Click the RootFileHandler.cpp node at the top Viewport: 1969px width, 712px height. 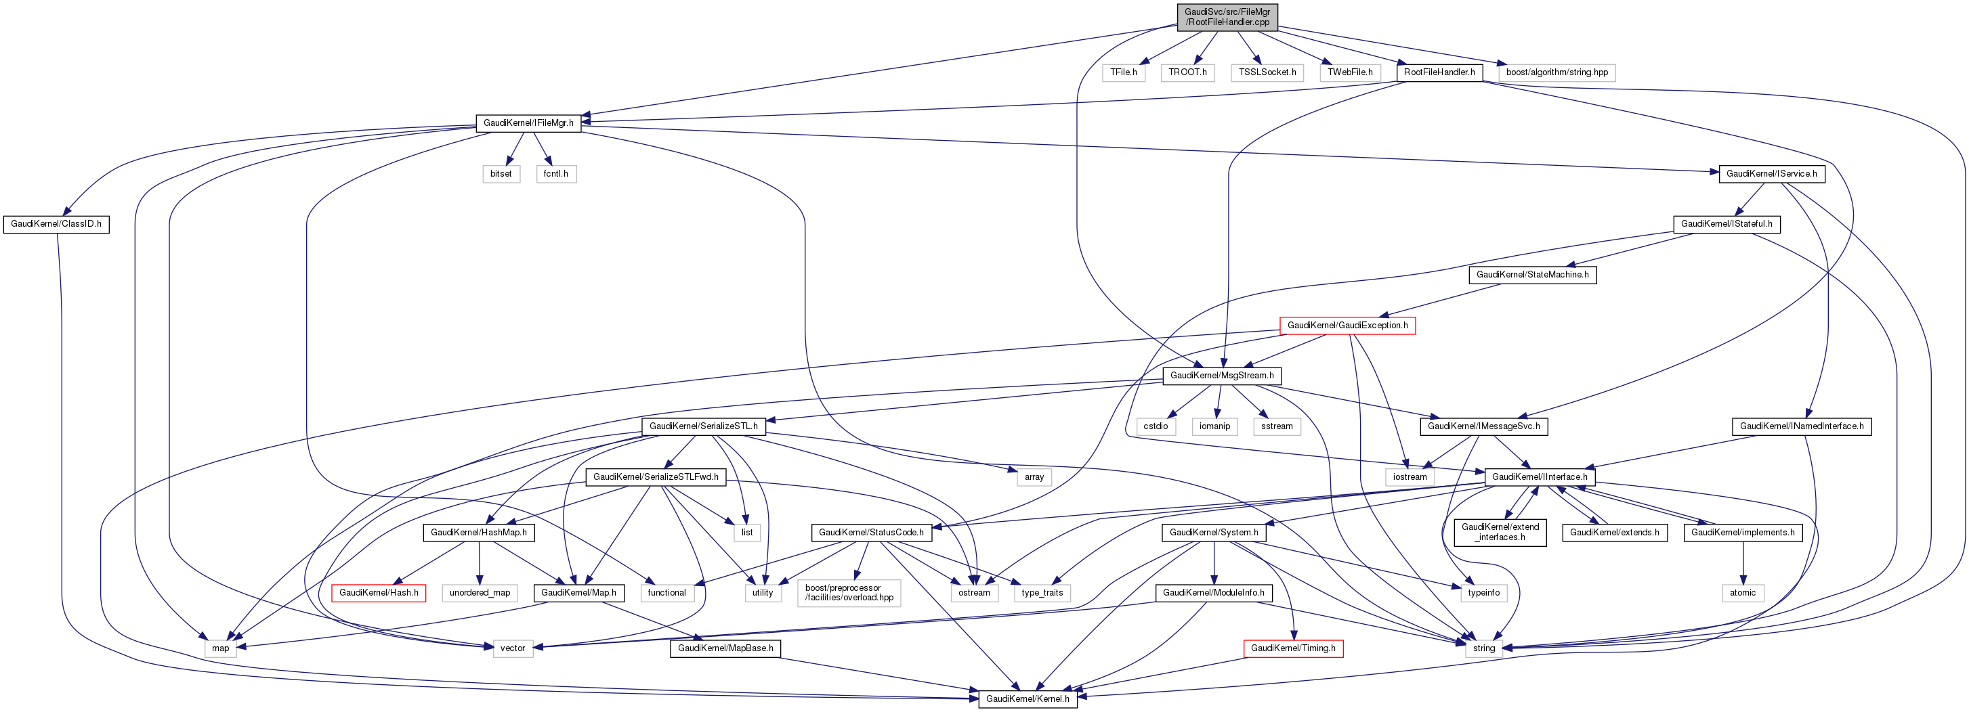point(1227,17)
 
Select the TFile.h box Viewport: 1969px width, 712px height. point(1124,72)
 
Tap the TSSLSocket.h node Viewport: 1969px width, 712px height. point(1267,72)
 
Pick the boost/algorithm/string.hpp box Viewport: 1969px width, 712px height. point(1557,72)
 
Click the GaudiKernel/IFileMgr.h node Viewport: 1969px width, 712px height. point(528,123)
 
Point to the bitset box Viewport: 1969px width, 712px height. point(501,174)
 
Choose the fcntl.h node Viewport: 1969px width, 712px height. point(555,174)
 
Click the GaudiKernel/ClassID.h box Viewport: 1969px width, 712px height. point(56,225)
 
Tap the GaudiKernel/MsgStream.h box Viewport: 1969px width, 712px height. point(1221,376)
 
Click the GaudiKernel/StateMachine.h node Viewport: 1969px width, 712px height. point(1532,275)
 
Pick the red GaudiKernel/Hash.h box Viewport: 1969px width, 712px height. point(379,593)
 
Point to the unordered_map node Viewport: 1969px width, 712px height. point(480,593)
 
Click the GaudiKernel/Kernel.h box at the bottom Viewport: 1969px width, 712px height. point(1028,699)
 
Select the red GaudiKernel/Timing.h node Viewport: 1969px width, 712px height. point(1292,648)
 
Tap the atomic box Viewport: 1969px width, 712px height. point(1743,593)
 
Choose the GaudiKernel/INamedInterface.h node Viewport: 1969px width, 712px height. point(1801,426)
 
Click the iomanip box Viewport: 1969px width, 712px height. point(1214,426)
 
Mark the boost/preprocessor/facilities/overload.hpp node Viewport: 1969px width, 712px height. point(849,593)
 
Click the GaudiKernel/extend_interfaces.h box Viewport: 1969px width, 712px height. point(1500,533)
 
